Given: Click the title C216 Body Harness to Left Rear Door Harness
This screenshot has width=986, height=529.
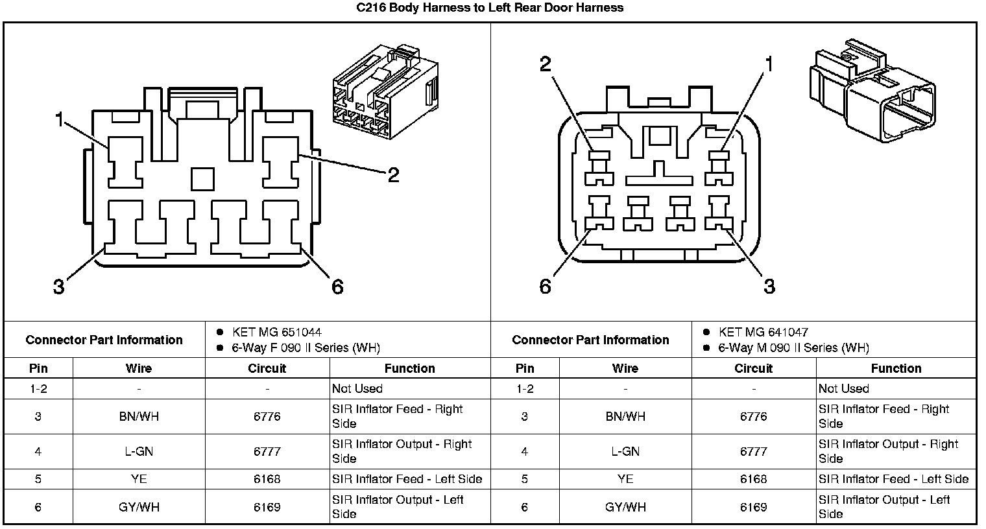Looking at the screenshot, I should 490,8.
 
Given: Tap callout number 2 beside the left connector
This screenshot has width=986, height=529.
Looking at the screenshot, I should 393,175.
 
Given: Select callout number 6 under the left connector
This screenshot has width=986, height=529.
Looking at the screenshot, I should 337,287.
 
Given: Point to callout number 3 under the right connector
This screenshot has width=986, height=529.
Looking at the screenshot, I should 769,286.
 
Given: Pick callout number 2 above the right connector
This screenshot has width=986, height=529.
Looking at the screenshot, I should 546,64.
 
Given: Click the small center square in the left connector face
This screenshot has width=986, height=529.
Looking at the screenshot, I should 202,178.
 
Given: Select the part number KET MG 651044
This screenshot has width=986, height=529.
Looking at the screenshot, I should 276,332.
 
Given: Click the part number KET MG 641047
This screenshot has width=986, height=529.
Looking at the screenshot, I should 763,332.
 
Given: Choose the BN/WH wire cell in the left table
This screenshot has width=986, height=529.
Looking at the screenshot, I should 138,416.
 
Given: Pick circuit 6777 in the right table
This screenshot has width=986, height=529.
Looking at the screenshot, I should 753,451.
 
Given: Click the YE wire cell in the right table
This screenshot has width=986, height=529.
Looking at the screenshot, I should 625,479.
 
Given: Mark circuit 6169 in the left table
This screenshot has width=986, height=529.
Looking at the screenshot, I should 267,507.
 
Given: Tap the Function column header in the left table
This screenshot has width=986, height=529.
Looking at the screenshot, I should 409,368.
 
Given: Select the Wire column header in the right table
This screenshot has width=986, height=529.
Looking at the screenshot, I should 625,368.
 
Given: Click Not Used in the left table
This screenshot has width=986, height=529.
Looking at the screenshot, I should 357,388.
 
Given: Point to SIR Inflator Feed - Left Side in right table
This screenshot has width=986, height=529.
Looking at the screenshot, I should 893,479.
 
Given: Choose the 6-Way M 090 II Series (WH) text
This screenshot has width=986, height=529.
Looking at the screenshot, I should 793,347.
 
